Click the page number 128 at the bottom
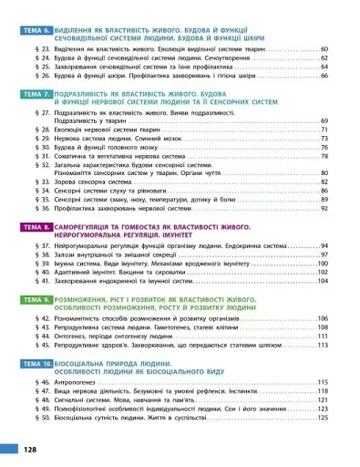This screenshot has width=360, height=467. point(30,450)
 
